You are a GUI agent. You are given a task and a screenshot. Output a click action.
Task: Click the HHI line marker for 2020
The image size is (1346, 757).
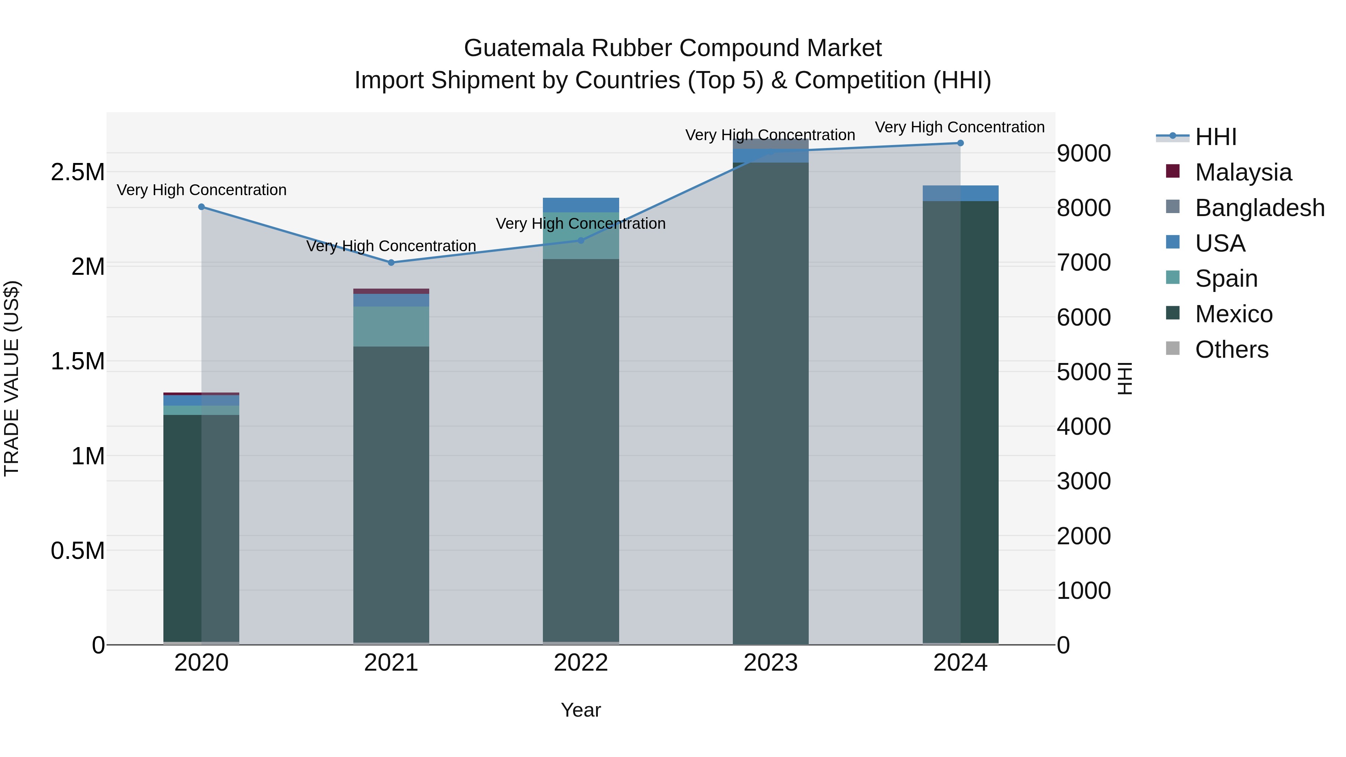pos(202,207)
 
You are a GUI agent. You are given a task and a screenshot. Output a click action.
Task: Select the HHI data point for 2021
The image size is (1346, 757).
pos(391,263)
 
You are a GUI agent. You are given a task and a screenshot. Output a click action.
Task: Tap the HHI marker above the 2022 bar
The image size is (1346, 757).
pos(581,241)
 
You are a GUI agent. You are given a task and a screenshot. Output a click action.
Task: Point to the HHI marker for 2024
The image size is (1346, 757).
pos(961,143)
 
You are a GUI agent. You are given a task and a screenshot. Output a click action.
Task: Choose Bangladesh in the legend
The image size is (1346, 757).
pos(1259,208)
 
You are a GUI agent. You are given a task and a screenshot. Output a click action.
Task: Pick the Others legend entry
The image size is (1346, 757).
pos(1231,350)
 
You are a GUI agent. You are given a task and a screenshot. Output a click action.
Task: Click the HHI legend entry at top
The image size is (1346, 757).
pos(1216,137)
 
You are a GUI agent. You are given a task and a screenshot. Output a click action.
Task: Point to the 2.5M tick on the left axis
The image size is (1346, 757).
pos(78,172)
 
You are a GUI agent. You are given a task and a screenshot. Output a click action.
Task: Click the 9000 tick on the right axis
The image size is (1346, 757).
pos(1084,154)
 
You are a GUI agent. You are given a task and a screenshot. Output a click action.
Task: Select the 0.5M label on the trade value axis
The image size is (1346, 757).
pos(78,551)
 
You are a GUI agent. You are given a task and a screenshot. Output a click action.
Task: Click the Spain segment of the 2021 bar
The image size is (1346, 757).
pos(391,326)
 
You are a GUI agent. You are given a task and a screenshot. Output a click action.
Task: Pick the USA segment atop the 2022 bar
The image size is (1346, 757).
pos(581,205)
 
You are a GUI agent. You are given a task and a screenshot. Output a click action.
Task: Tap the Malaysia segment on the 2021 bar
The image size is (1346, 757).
pos(391,291)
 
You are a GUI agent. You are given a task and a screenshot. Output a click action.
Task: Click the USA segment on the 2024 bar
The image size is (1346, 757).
pos(961,193)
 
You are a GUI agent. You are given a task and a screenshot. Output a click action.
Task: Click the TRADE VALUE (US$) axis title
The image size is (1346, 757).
pos(12,378)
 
